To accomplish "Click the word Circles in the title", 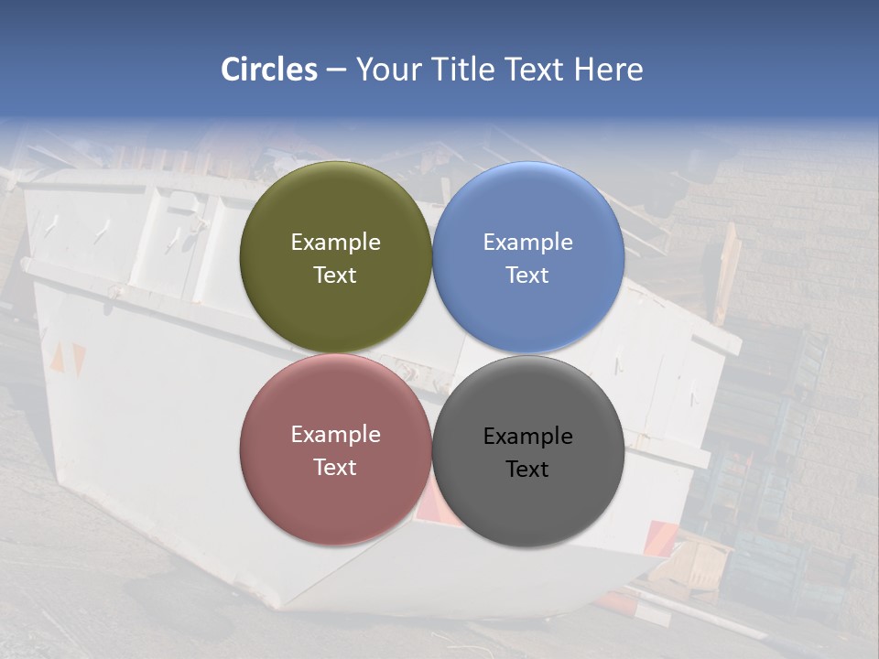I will (x=269, y=70).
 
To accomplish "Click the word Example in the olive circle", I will (x=336, y=243).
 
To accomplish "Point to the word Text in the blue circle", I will (x=527, y=275).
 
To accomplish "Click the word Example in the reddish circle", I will (x=336, y=435).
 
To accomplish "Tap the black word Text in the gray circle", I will (x=527, y=470).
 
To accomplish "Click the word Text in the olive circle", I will (x=335, y=275).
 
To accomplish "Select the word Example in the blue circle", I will (x=528, y=243).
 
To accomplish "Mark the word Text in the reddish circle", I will (x=335, y=468).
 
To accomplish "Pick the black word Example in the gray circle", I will (x=528, y=437).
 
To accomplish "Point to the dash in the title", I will (x=336, y=70).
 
